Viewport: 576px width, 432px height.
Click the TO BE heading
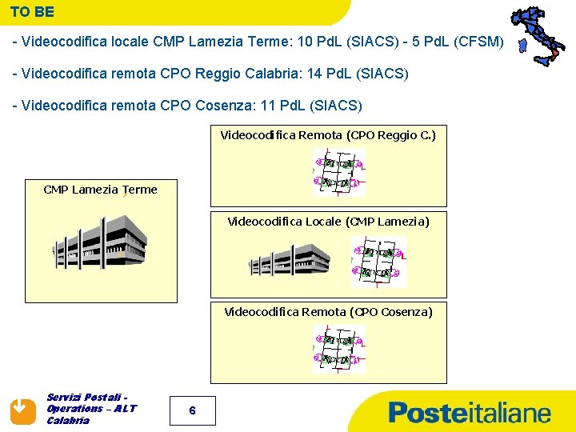click(33, 13)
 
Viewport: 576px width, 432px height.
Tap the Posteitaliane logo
click(470, 413)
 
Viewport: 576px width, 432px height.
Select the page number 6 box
click(192, 410)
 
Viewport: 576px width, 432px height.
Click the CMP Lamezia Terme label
click(100, 190)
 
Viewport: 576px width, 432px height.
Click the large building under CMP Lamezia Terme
click(99, 243)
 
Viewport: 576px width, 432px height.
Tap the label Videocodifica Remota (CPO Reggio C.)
click(328, 135)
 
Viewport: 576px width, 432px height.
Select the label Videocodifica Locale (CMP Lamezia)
click(328, 221)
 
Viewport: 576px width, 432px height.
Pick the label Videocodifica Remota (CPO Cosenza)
click(328, 311)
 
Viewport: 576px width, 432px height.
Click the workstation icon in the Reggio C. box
click(338, 173)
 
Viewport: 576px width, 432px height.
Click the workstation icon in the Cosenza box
click(338, 350)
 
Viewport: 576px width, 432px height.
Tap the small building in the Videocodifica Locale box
click(289, 259)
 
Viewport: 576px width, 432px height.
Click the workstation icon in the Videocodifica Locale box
click(378, 262)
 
